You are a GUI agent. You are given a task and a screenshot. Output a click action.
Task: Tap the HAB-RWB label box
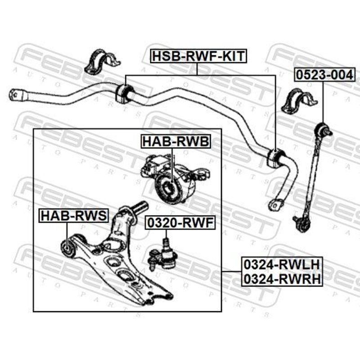pos(175,142)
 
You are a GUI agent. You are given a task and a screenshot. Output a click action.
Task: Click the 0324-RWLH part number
pos(281,264)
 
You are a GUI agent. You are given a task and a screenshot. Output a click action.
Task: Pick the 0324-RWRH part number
pos(281,279)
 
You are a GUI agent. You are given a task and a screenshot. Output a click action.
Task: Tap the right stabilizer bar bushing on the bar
pos(274,157)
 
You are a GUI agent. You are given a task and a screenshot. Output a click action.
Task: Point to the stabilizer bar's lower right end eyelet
pos(274,204)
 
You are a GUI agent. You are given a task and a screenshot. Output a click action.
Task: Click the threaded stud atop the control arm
pos(140,207)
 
